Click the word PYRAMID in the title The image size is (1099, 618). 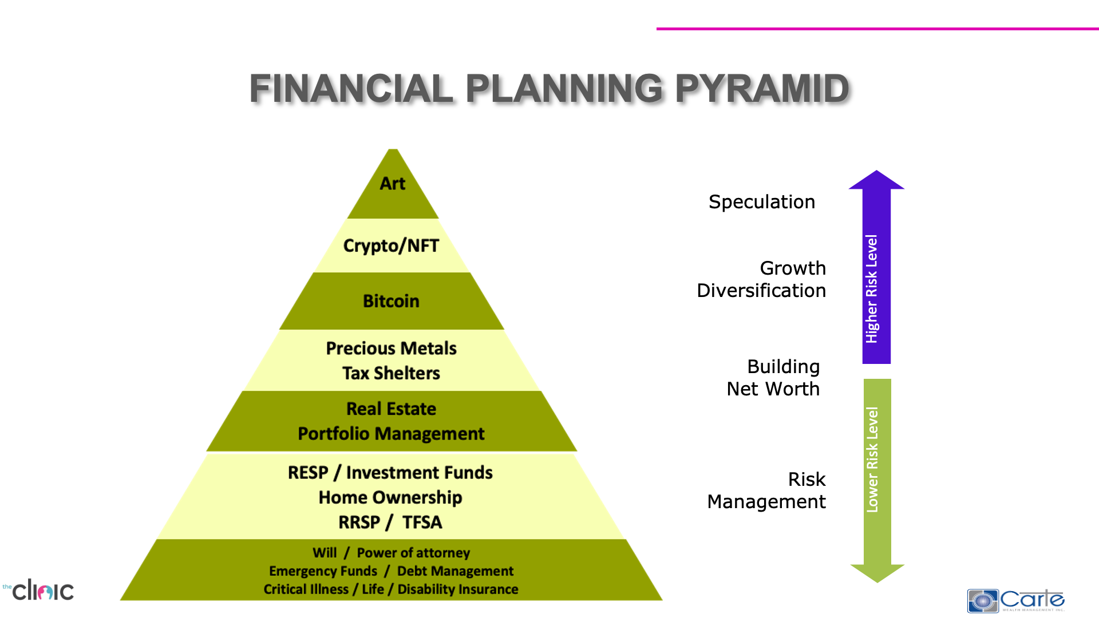pyautogui.click(x=762, y=89)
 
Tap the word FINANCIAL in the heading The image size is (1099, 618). pyautogui.click(x=351, y=89)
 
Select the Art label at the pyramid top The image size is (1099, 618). pyautogui.click(x=393, y=184)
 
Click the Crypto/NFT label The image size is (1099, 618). pyautogui.click(x=391, y=246)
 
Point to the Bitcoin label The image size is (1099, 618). pyautogui.click(x=391, y=301)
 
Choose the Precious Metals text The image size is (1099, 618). pyautogui.click(x=391, y=348)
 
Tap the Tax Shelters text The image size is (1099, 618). pyautogui.click(x=391, y=373)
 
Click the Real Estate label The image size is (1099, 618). pyautogui.click(x=391, y=409)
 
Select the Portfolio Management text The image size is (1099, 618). pyautogui.click(x=391, y=434)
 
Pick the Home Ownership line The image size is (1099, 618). pyautogui.click(x=390, y=497)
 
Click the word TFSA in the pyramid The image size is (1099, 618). pyautogui.click(x=422, y=522)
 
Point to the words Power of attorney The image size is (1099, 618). pyautogui.click(x=413, y=553)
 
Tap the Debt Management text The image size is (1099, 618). pyautogui.click(x=455, y=571)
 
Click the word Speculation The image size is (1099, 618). pyautogui.click(x=761, y=202)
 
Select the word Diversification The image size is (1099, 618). pyautogui.click(x=761, y=291)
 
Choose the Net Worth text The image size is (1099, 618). pyautogui.click(x=773, y=389)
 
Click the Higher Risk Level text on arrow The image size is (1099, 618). pyautogui.click(x=872, y=289)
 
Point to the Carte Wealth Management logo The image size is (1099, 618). pyautogui.click(x=1015, y=600)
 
